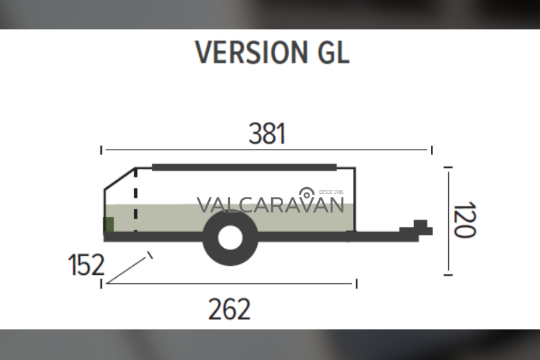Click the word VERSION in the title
click(251, 52)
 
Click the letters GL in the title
click(334, 52)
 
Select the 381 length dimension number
click(267, 133)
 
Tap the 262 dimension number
click(229, 309)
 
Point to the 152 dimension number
click(86, 265)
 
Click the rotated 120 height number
click(464, 220)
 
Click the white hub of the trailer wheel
click(230, 238)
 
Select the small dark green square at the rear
click(109, 224)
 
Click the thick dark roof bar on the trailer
click(244, 167)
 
